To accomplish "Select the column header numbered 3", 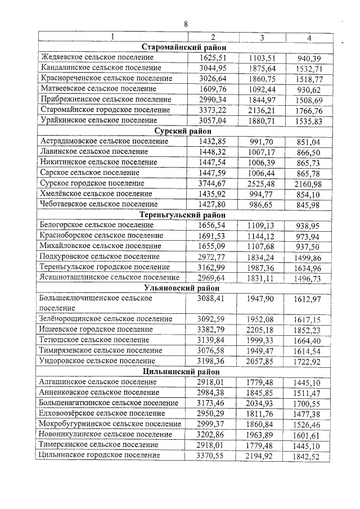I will (x=262, y=38).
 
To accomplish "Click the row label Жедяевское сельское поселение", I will (x=96, y=57).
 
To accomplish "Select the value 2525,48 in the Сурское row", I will (x=262, y=183).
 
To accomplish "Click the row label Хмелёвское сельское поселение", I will (x=94, y=193).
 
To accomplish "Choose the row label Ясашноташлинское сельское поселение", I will (x=110, y=277).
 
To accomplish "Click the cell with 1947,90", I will (x=262, y=298).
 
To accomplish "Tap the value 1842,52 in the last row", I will (x=308, y=456).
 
